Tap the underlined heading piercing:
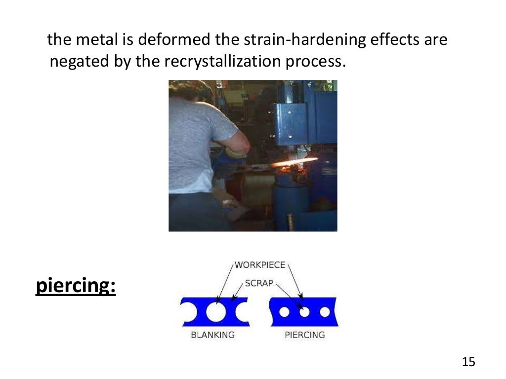point(76,287)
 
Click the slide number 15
point(468,362)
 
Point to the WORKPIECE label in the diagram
point(260,265)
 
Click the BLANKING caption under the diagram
point(212,335)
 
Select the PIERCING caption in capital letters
point(305,335)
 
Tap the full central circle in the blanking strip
point(215,312)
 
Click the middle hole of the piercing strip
point(304,312)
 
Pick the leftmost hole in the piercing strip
point(284,312)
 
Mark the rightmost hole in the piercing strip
point(325,312)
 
